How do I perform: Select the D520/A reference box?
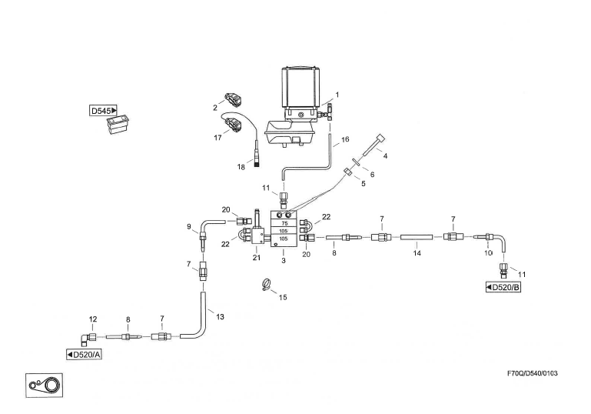tap(85, 354)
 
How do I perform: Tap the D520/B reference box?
tap(503, 287)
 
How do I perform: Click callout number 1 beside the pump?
tap(337, 95)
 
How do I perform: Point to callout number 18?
tap(240, 166)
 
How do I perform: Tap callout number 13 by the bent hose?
tap(220, 317)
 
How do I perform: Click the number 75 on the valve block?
tap(284, 221)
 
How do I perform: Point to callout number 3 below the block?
tap(283, 261)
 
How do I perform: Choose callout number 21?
tap(256, 258)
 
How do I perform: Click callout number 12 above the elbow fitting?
tap(93, 319)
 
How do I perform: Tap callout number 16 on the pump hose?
tap(345, 139)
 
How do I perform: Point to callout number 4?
tap(385, 155)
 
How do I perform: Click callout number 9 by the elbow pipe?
tap(188, 226)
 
